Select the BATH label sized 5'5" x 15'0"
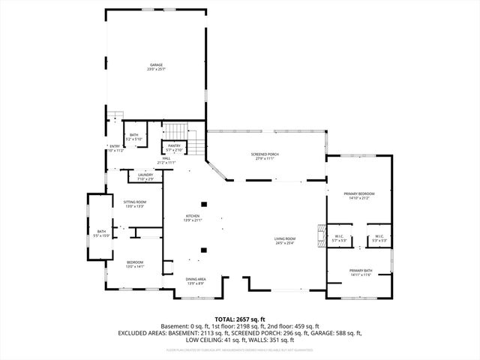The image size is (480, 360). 102,233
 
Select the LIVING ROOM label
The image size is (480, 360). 284,240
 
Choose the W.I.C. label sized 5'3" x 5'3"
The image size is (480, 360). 379,239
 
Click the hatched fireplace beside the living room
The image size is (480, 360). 320,235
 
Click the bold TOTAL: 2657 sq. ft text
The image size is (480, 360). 240,319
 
